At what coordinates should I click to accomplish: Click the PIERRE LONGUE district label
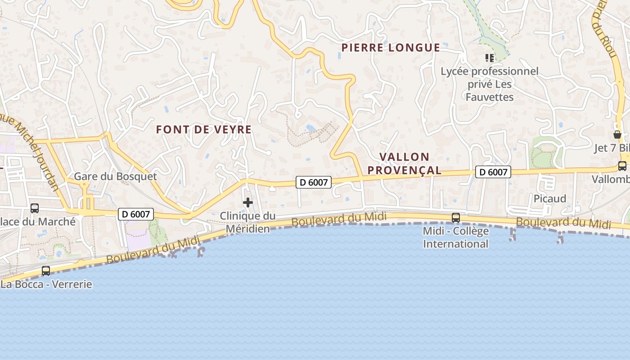pos(391,48)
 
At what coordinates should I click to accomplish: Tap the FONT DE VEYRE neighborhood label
pos(204,130)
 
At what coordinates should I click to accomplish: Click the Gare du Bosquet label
pos(116,176)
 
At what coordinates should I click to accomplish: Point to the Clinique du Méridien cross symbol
pos(248,202)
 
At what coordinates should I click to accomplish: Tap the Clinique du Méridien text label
pos(247,222)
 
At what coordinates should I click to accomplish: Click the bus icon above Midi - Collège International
pos(456,218)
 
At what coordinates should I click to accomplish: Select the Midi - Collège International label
pos(456,238)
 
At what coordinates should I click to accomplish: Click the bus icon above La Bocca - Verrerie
pos(46,271)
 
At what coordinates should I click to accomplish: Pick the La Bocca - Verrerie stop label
pos(47,284)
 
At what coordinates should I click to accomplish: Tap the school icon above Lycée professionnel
pos(490,58)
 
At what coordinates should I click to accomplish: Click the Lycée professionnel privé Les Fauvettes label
pos(490,84)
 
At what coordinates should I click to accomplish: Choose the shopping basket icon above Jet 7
pos(617,134)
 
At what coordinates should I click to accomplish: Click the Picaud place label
pos(550,198)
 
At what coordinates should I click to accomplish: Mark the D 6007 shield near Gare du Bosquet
pos(136,214)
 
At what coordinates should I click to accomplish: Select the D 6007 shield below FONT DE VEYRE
pos(314,182)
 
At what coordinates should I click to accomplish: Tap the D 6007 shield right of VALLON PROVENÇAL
pos(493,172)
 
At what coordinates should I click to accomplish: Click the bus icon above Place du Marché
pos(35,208)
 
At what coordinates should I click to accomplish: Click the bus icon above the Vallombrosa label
pos(622,166)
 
